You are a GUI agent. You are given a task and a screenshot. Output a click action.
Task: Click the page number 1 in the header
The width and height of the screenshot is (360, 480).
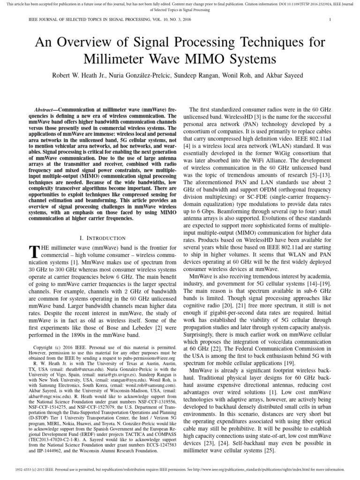[x=330, y=20]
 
